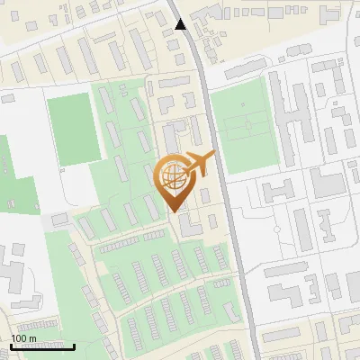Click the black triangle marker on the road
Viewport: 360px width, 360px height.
point(181,24)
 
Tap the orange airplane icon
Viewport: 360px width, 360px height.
point(200,164)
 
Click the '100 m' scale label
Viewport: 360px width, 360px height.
point(23,337)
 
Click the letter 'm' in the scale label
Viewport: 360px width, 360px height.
point(32,337)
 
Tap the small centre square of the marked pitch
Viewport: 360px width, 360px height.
point(244,126)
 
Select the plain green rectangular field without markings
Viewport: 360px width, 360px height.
point(72,128)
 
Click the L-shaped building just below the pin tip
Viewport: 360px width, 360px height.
point(189,226)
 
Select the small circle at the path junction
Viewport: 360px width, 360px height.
point(61,168)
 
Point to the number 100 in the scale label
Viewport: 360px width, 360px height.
point(19,337)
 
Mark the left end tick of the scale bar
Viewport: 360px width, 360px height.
point(11,346)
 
